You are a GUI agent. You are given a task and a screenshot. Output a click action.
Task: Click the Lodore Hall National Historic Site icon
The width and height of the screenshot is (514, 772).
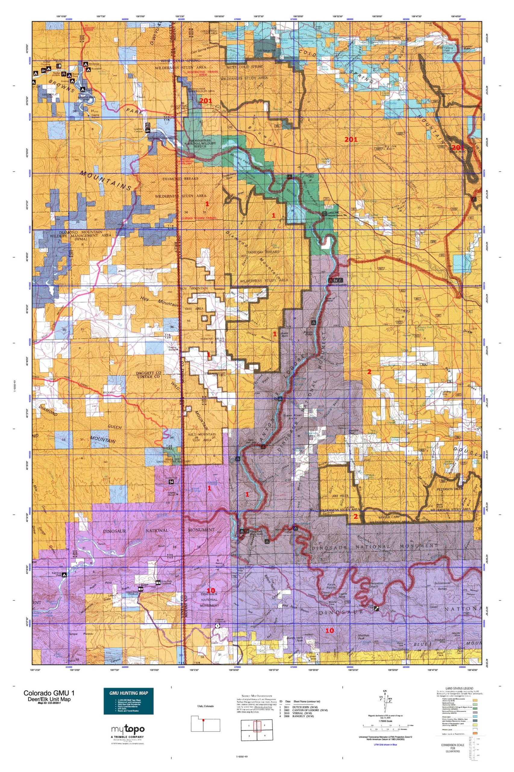click(x=324, y=214)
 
